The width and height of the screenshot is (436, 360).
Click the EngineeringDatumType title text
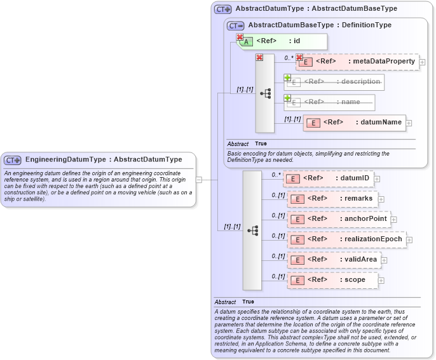pos(103,159)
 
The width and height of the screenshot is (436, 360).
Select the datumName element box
pos(354,123)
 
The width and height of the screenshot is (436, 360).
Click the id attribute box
pos(282,41)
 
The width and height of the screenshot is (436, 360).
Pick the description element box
pos(334,82)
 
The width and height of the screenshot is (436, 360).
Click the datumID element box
pos(329,178)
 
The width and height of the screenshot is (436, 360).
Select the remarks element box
pos(333,199)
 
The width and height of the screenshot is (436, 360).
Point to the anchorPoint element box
pos(338,219)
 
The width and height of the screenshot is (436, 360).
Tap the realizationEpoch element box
pos(348,239)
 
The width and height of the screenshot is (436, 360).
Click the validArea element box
pos(334,260)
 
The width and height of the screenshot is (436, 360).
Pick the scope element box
pos(333,280)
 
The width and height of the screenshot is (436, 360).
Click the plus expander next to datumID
pos(377,179)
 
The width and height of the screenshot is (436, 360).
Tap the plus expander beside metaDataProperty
pos(422,62)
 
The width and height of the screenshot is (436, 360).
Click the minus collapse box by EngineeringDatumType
pos(199,180)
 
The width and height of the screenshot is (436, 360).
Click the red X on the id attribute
pos(240,37)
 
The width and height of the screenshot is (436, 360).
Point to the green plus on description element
pos(287,77)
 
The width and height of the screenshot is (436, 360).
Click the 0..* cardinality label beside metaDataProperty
pos(289,58)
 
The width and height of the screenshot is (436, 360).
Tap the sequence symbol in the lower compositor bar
pos(252,230)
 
